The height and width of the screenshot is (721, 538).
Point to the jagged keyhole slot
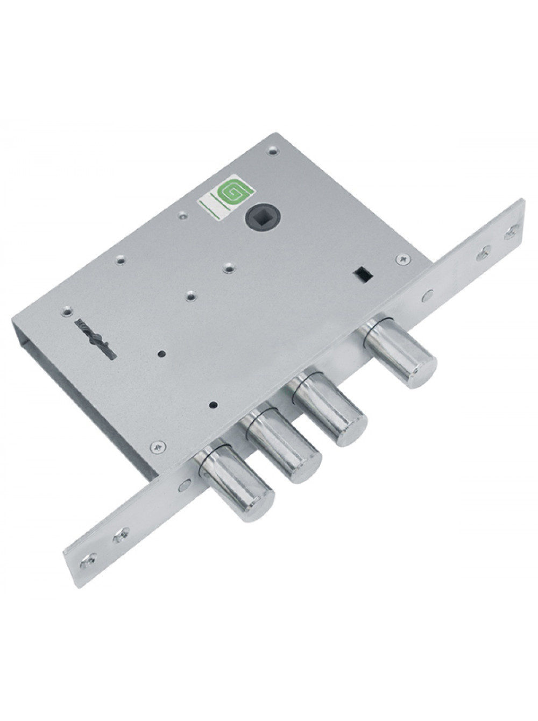[x=96, y=339]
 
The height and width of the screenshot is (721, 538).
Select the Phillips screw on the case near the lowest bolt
[x=158, y=447]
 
